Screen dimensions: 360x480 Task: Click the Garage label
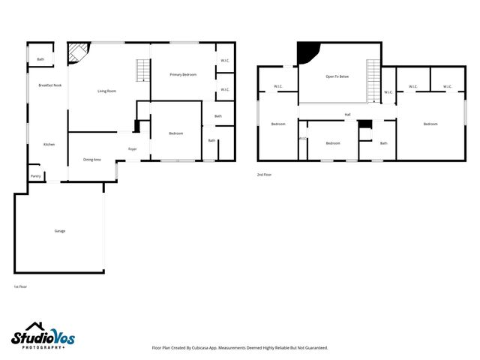(x=60, y=231)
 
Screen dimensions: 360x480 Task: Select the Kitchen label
(x=49, y=144)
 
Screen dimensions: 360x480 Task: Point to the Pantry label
(x=35, y=176)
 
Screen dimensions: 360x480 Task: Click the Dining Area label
(x=92, y=160)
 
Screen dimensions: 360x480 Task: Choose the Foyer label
(x=132, y=149)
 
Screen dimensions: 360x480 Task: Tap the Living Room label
(x=106, y=91)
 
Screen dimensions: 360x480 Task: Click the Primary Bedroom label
(x=183, y=75)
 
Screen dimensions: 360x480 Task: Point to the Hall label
(x=348, y=115)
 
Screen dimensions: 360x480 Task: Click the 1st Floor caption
(x=20, y=286)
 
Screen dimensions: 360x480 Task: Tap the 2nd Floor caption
(x=265, y=175)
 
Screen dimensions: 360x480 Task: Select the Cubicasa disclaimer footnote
(x=240, y=347)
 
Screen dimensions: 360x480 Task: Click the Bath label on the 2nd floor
(x=384, y=143)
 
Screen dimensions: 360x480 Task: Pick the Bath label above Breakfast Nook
(x=40, y=59)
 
